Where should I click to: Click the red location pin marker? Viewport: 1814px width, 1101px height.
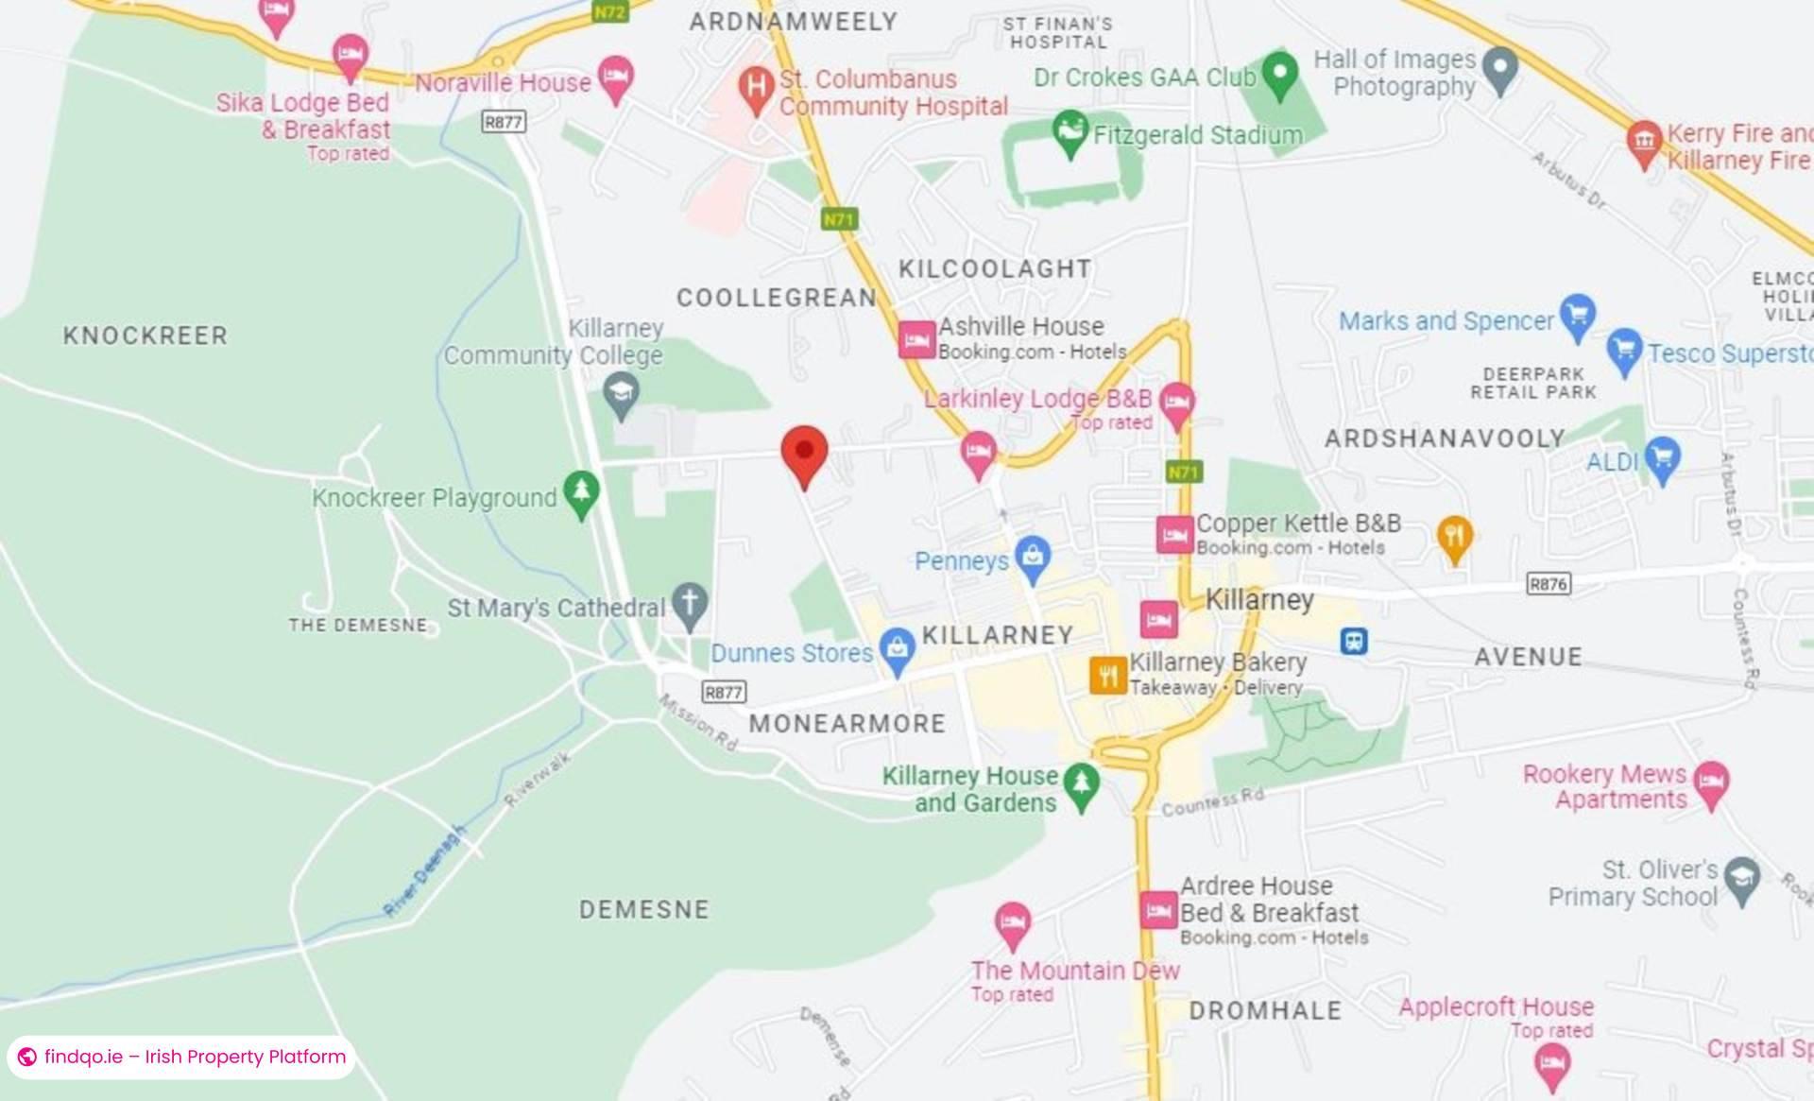point(804,453)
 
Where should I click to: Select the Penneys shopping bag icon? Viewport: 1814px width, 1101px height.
point(1033,558)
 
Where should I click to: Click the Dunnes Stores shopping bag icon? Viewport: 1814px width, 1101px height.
point(896,648)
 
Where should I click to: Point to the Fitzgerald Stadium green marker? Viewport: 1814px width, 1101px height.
point(1070,131)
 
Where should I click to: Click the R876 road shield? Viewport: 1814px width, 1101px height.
point(1549,584)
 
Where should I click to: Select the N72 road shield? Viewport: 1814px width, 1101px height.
point(609,11)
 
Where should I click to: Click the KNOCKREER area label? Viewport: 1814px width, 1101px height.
point(145,335)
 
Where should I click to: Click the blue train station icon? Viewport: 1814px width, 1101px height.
point(1354,642)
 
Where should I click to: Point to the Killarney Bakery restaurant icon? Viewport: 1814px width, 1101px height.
point(1107,675)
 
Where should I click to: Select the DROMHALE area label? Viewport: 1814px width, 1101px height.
point(1264,1010)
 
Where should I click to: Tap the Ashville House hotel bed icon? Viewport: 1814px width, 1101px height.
point(916,339)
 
